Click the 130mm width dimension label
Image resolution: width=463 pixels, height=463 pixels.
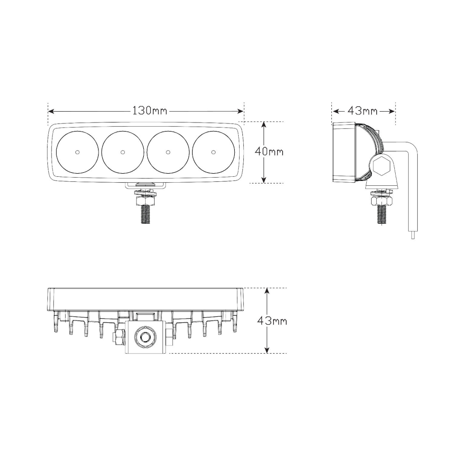coord(150,111)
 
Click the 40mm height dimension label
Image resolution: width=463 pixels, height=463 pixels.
coord(269,151)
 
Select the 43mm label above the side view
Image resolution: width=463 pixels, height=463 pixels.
coord(362,111)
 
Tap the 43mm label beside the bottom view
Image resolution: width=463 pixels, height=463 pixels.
coord(272,321)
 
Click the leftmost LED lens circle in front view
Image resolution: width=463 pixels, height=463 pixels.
coord(77,152)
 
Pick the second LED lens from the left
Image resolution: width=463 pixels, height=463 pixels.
coord(123,152)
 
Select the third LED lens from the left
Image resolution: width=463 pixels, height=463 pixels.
coord(168,152)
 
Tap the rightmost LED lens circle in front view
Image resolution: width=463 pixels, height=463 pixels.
coord(213,152)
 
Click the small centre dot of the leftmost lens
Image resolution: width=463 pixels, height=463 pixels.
coord(77,152)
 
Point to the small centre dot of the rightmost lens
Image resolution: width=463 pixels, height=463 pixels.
coord(213,152)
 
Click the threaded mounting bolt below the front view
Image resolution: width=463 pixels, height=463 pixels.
coord(145,213)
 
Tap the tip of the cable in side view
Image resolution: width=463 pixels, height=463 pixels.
coord(412,236)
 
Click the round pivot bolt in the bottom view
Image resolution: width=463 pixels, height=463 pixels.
coord(146,337)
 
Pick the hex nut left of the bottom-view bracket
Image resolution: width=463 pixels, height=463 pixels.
coord(119,337)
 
